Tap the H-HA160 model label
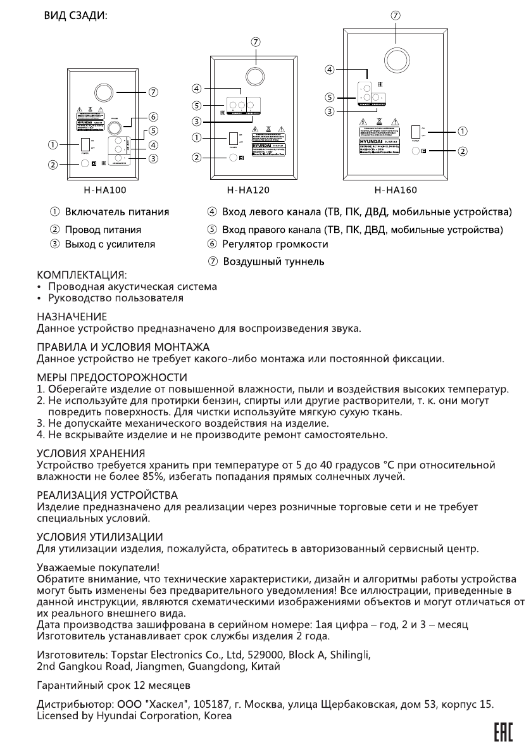click(396, 189)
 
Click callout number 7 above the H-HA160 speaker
click(396, 16)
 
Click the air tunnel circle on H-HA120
click(255, 76)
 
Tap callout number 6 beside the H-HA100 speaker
click(153, 116)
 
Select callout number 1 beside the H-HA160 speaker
click(462, 132)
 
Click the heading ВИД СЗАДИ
click(75, 16)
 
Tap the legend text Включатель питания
click(118, 211)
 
